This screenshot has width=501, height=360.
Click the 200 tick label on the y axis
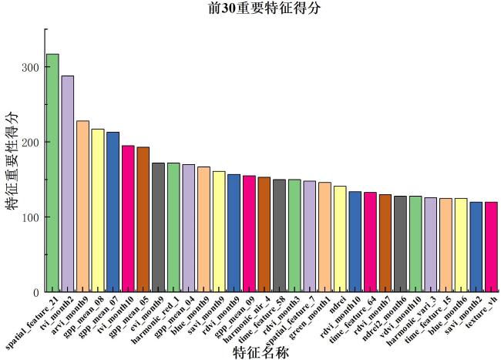coord(29,143)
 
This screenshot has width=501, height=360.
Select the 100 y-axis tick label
coord(29,217)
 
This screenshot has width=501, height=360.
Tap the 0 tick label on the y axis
coord(35,292)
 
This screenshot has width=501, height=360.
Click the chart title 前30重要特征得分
coord(254,8)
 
